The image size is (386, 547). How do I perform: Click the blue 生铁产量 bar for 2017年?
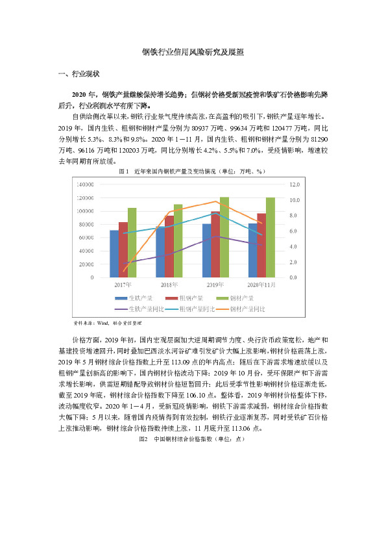(x=114, y=253)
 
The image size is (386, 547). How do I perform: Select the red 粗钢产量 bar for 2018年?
(x=169, y=247)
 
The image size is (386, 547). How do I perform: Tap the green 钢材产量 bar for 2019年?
(x=224, y=237)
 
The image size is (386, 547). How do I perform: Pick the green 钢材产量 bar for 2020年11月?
(x=271, y=237)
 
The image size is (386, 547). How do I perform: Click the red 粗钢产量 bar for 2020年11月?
(x=261, y=245)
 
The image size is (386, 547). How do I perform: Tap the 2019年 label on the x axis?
(x=215, y=285)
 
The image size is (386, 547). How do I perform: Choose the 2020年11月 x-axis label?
(x=261, y=285)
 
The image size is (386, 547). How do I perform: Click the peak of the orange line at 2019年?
(x=215, y=201)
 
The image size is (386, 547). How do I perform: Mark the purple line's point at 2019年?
(x=215, y=236)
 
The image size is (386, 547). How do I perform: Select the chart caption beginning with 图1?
(x=192, y=172)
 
